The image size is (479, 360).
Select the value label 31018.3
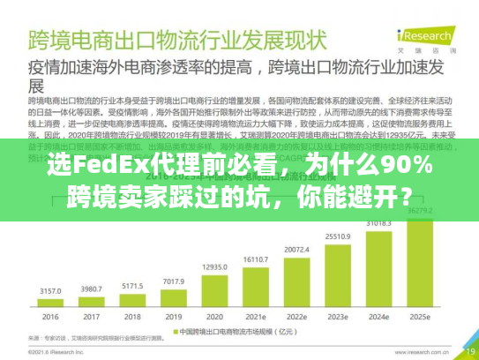tap(379, 223)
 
